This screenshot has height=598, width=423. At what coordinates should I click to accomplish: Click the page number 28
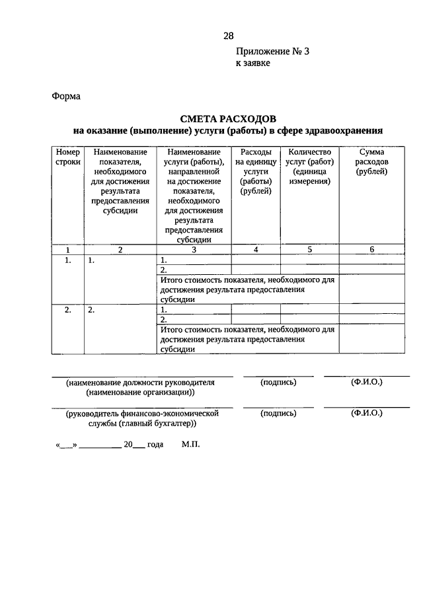pos(228,36)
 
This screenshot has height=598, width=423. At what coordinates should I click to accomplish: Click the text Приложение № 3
pos(272,52)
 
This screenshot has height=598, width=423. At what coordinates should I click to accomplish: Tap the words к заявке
pos(253,63)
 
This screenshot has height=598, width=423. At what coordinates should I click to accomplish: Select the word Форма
pos(66,96)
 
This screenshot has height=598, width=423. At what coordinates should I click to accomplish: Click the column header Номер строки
pos(67,157)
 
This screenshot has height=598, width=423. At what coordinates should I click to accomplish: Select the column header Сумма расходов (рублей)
pos(371,162)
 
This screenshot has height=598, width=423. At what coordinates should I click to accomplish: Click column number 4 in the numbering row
pos(255,250)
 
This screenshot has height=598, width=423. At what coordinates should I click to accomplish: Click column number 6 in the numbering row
pos(371,250)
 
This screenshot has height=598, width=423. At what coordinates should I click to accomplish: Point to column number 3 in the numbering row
pos(194,250)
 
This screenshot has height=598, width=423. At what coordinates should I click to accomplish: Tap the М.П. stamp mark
pos(190,445)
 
